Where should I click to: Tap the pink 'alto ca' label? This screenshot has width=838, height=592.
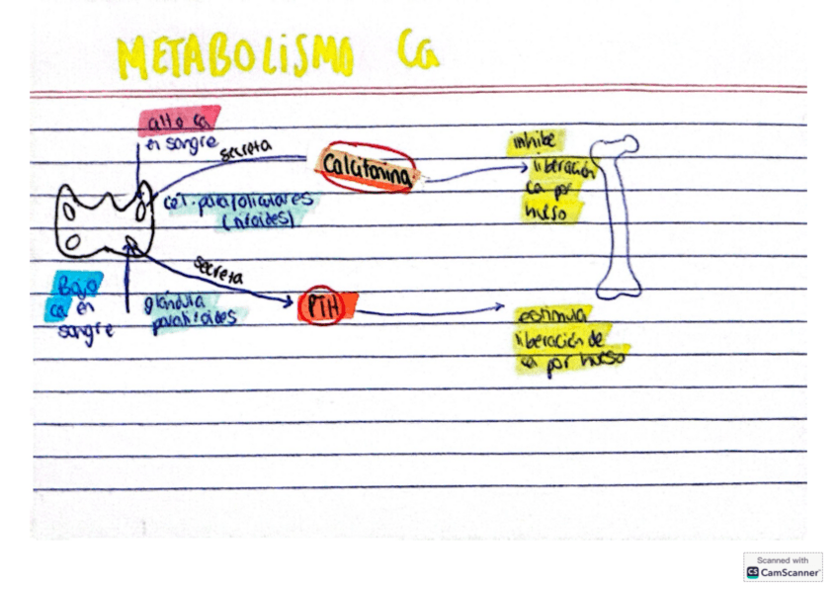[178, 121]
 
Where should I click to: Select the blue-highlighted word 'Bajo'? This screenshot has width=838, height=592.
[77, 285]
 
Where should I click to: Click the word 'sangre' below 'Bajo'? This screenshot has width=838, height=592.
[85, 332]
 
